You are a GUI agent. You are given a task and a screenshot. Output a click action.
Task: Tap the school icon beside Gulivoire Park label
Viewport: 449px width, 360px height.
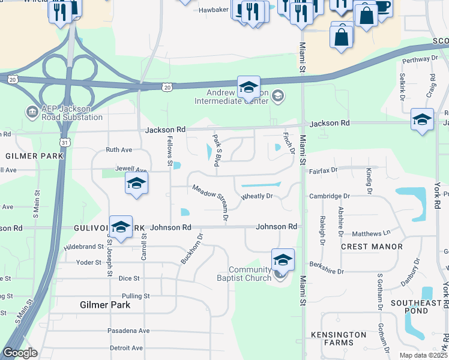pos(121,227)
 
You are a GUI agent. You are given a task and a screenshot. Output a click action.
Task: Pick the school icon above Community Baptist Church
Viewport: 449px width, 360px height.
pos(283,260)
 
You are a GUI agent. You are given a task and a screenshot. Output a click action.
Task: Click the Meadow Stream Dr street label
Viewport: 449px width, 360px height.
pos(210,203)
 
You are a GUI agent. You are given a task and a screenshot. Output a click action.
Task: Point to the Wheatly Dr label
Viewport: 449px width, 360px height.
pos(257,196)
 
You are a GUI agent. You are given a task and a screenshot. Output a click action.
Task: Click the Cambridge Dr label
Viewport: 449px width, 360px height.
pos(330,196)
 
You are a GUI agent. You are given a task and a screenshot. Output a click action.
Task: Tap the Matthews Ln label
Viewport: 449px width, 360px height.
pos(371,232)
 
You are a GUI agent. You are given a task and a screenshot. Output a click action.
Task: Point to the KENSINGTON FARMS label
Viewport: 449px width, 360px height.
pos(339,338)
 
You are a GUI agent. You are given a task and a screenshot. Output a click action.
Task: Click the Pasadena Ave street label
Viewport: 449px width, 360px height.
pos(128,331)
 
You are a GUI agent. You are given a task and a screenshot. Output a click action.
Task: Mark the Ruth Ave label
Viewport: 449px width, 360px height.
pos(118,149)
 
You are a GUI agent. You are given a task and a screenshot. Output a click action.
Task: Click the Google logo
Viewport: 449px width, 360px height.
pos(20,353)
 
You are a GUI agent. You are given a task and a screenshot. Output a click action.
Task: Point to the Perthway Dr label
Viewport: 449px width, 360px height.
pos(420,59)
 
